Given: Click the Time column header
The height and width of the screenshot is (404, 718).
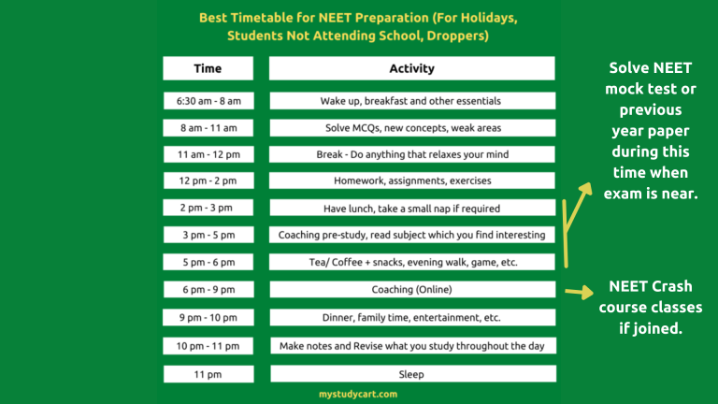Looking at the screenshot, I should point(208,68).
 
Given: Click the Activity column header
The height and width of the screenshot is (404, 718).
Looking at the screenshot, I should point(411,68).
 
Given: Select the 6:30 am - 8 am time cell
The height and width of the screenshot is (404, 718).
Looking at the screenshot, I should point(208,100).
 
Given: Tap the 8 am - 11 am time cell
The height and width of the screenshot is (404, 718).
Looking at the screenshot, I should point(208,127).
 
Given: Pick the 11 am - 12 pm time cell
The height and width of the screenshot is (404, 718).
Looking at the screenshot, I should point(208,153).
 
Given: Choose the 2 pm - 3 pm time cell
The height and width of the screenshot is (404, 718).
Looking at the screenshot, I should point(208,208).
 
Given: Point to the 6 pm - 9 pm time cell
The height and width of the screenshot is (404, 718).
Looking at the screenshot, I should point(208,290).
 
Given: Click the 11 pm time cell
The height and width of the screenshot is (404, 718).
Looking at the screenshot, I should point(208,374).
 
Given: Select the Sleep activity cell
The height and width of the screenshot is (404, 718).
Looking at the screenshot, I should point(411,374).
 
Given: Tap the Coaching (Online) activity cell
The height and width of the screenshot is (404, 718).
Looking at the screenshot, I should point(411,290).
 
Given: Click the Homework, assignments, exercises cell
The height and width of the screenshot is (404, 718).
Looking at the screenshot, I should point(411,180).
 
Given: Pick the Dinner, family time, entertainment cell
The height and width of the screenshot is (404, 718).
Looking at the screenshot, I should point(411,318).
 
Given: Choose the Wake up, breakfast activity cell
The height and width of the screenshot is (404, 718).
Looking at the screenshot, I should point(411,100).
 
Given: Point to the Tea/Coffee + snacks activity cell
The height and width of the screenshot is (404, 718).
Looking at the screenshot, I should point(411,263).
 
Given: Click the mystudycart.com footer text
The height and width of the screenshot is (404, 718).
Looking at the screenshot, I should point(358,395).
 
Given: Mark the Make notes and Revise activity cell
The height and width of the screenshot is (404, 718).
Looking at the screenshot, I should point(411,346).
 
